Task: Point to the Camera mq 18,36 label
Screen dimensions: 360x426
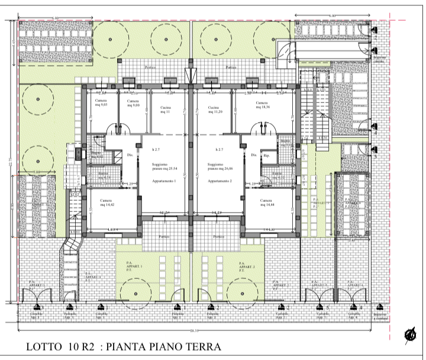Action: click(263, 105)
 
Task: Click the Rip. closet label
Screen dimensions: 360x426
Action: click(267, 156)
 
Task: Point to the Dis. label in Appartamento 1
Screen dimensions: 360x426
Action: click(130, 156)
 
